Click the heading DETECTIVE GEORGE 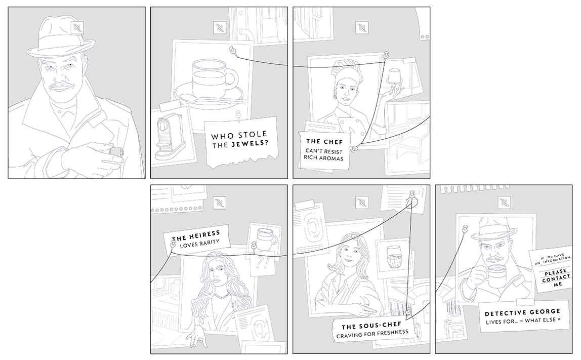pyautogui.click(x=522, y=312)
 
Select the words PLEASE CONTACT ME pyautogui.click(x=556, y=278)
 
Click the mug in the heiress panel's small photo pyautogui.click(x=264, y=238)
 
